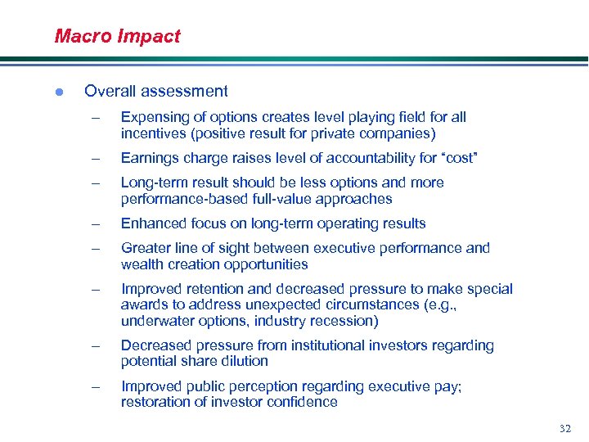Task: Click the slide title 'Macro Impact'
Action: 117,36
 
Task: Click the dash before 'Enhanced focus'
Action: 96,223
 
